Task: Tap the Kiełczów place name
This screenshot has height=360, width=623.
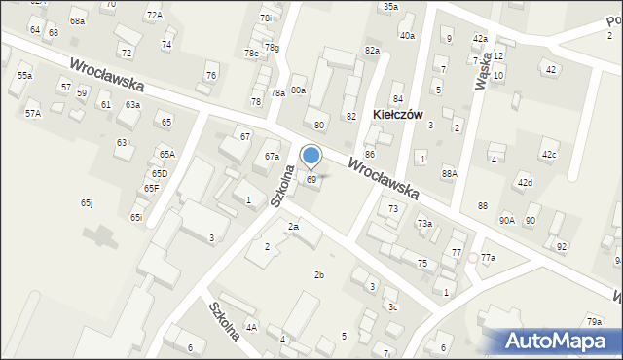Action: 396,114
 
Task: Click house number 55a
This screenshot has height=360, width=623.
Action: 24,75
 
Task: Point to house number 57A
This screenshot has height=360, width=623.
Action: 33,114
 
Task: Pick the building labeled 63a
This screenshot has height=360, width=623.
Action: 131,104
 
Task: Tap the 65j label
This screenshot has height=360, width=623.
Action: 87,202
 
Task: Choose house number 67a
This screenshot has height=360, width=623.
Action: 272,157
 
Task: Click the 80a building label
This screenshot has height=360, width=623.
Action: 298,90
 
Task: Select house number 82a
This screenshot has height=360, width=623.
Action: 371,50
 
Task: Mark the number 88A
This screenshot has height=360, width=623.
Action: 449,173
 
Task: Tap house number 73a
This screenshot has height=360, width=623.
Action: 424,224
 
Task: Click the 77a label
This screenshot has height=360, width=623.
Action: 488,258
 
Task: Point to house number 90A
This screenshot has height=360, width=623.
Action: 507,221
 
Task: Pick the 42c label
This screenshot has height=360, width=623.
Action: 550,155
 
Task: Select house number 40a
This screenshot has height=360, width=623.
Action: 407,35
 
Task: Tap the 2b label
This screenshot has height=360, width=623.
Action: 318,275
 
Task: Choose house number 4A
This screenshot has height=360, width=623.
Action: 251,328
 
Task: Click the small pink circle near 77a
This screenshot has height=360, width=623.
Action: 473,258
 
